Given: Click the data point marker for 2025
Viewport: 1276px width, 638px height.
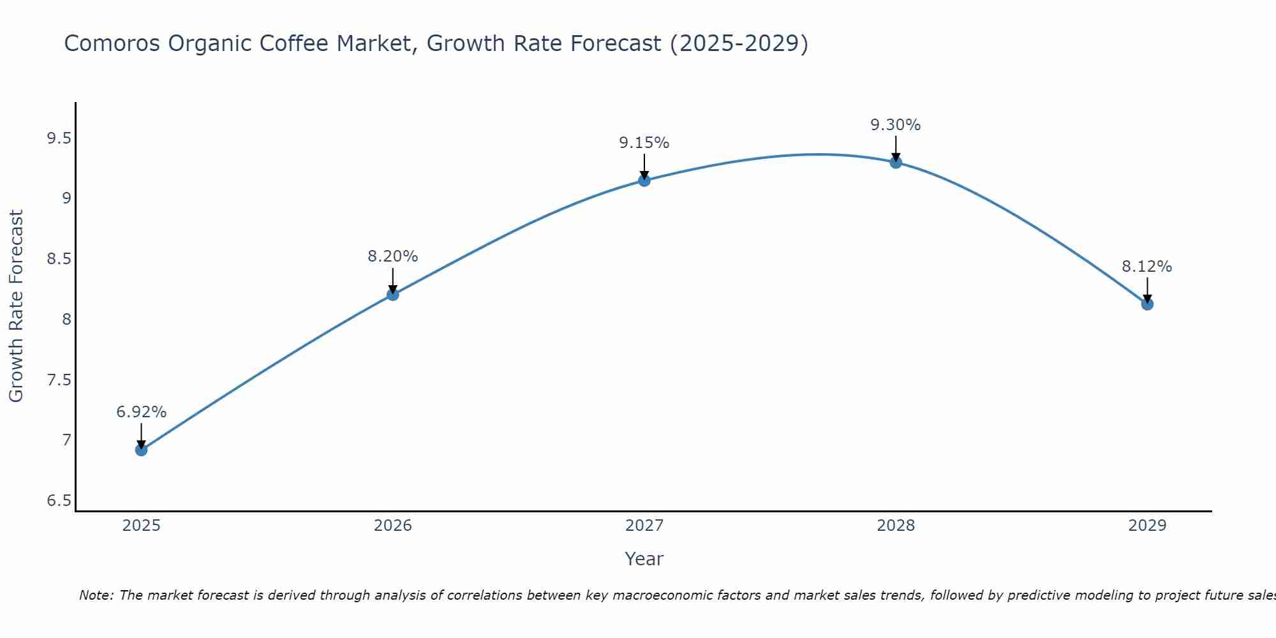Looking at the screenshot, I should (141, 450).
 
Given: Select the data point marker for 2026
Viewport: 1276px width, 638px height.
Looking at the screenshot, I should (392, 294).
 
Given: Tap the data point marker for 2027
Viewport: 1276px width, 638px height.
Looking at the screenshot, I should (644, 181).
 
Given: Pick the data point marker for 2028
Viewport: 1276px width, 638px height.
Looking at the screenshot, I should (896, 162).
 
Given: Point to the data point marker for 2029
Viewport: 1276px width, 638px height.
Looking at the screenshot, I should (1147, 304).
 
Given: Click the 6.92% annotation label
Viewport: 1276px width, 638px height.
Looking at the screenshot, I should (141, 412).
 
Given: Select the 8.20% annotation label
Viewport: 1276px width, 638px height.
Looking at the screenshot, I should (392, 256).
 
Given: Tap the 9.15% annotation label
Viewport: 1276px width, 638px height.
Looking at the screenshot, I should (644, 143).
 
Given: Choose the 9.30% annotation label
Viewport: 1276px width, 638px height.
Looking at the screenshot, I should (896, 125).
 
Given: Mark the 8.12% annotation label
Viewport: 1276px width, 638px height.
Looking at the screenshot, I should (1147, 267).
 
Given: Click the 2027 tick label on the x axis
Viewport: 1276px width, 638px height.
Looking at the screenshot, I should (644, 526).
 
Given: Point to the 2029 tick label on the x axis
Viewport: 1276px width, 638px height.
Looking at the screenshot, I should (1147, 526).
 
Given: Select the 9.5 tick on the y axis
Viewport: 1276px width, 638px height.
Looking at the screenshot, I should (59, 138).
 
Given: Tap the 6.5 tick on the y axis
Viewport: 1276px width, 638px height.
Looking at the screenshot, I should (59, 501).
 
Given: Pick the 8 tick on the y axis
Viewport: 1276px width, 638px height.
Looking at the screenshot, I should (66, 319).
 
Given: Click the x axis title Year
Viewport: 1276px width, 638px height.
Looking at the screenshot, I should (644, 559).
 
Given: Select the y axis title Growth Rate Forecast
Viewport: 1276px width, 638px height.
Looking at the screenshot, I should (17, 306).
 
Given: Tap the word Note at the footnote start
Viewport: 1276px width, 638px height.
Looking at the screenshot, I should (96, 595).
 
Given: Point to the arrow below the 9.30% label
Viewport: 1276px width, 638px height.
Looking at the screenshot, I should (896, 148).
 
